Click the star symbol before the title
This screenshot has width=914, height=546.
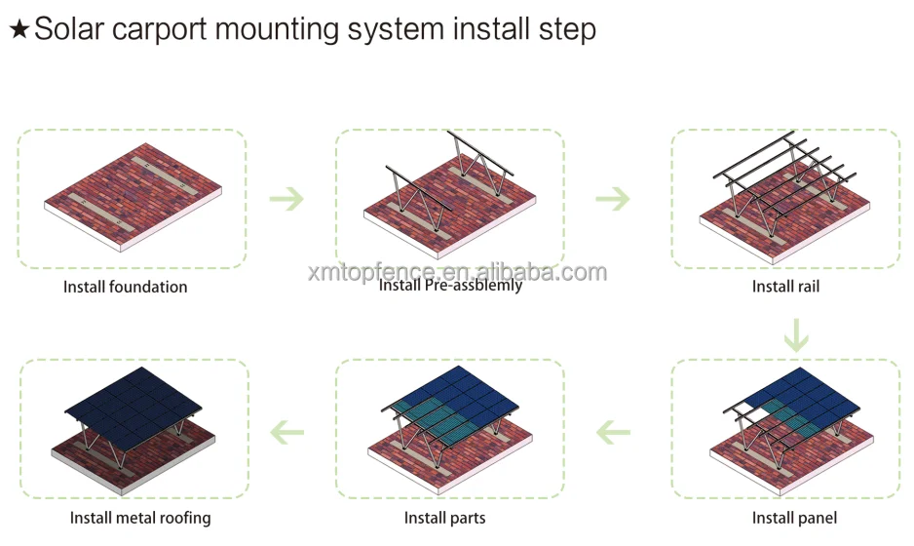(x=19, y=29)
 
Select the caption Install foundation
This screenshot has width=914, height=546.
(x=126, y=287)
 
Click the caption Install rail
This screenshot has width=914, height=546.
(x=785, y=287)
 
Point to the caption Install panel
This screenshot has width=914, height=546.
(x=794, y=518)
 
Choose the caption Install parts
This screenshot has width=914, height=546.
(x=444, y=518)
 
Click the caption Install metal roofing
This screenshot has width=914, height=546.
(x=140, y=518)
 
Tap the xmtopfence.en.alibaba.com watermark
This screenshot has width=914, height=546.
(x=456, y=272)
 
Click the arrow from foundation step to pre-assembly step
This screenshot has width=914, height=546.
(x=287, y=199)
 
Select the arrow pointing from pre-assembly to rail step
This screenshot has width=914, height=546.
(x=613, y=199)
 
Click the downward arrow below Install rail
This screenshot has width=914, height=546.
(x=796, y=334)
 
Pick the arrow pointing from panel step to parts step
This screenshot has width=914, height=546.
(x=614, y=430)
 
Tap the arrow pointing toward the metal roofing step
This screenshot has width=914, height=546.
(x=287, y=430)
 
